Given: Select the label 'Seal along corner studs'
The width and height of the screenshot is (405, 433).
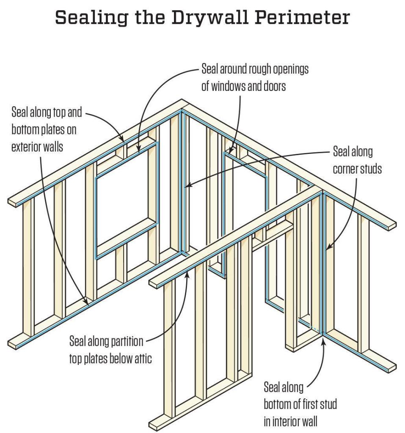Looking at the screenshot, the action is coord(357,160).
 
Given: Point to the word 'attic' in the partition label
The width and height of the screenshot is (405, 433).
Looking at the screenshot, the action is coord(143,359).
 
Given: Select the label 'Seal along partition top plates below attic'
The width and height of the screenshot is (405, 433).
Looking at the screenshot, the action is coord(110,350).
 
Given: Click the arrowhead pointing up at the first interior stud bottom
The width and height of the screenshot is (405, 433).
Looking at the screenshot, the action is coord(323,342).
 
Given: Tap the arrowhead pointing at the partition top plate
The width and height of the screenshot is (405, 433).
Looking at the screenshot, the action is coord(188,274).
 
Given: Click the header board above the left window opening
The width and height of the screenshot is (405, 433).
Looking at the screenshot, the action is coord(127,157).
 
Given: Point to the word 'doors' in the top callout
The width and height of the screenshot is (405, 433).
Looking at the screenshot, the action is coord(275,86).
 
